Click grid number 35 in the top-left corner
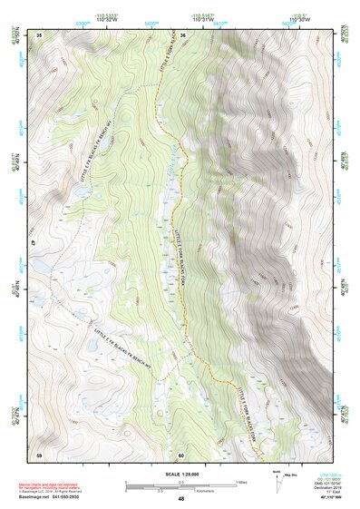[x=39, y=34]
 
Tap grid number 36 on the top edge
[x=182, y=34]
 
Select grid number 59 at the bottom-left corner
[x=39, y=454]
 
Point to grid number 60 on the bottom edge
[x=181, y=454]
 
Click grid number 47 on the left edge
[x=34, y=244]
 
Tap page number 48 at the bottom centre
[x=181, y=498]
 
